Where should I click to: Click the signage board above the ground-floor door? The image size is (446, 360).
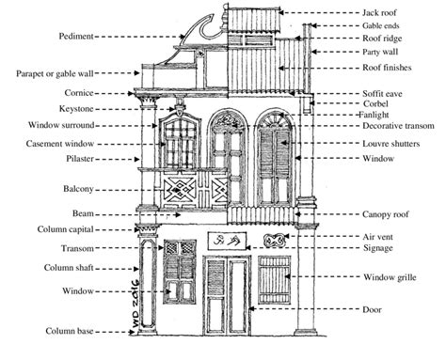[224, 241]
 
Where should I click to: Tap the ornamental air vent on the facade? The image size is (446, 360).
[276, 241]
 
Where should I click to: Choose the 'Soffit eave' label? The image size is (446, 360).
[385, 93]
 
